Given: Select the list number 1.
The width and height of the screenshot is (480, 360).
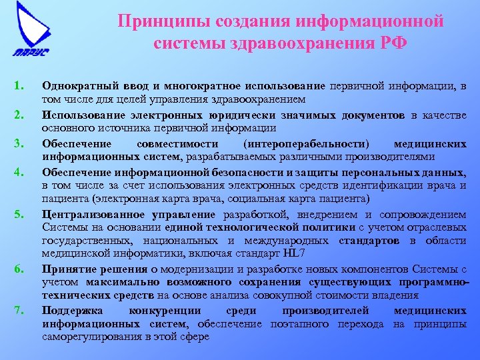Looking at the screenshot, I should click(19, 86).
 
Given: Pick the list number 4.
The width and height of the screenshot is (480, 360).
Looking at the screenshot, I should click(19, 171).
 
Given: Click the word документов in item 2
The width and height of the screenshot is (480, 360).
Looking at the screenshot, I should click(373, 115).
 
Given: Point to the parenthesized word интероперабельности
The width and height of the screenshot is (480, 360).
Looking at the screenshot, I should click(307, 143).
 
